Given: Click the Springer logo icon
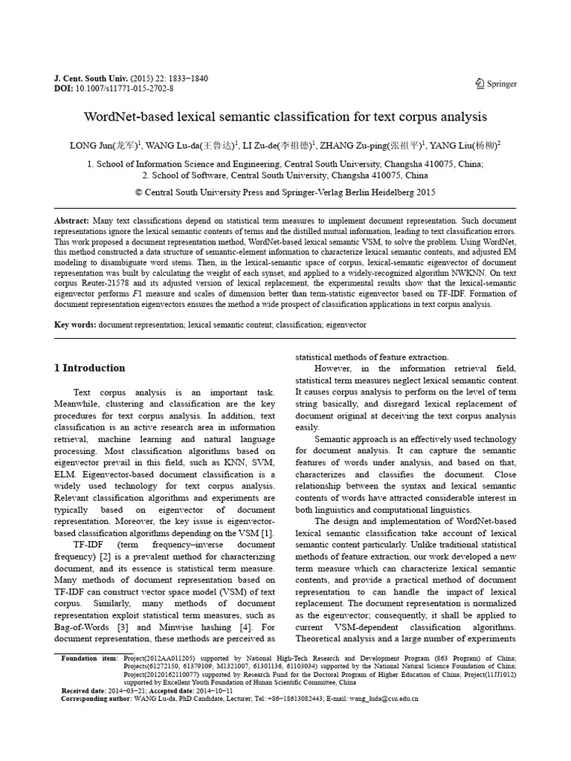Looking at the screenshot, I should pos(480,84).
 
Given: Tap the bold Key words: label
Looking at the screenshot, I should pos(76,326).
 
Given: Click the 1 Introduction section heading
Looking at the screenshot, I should pos(90,368).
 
